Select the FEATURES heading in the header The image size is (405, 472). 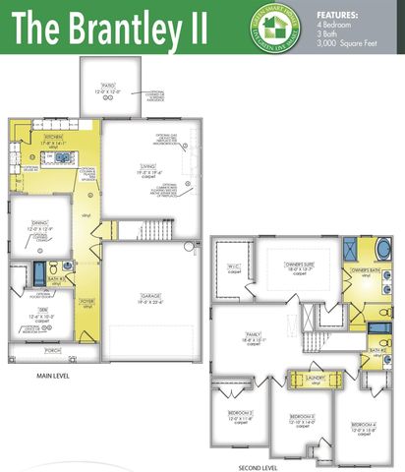[338, 15]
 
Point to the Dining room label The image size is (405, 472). [39, 226]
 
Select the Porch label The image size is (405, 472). [52, 350]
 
